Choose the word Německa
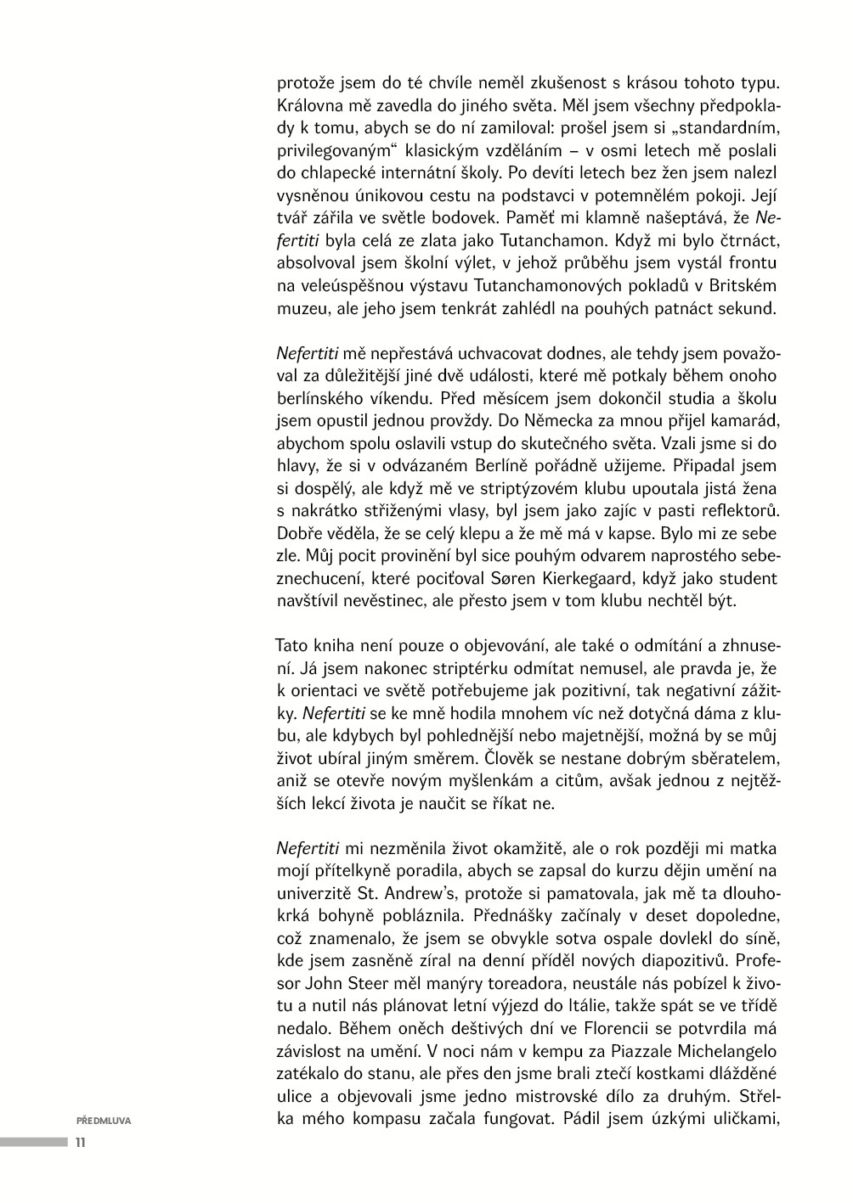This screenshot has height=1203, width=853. coord(454,420)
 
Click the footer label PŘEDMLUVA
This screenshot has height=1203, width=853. coord(103,1120)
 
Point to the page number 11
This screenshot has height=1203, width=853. coord(81,1142)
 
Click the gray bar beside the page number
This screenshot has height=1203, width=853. coord(34,1142)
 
